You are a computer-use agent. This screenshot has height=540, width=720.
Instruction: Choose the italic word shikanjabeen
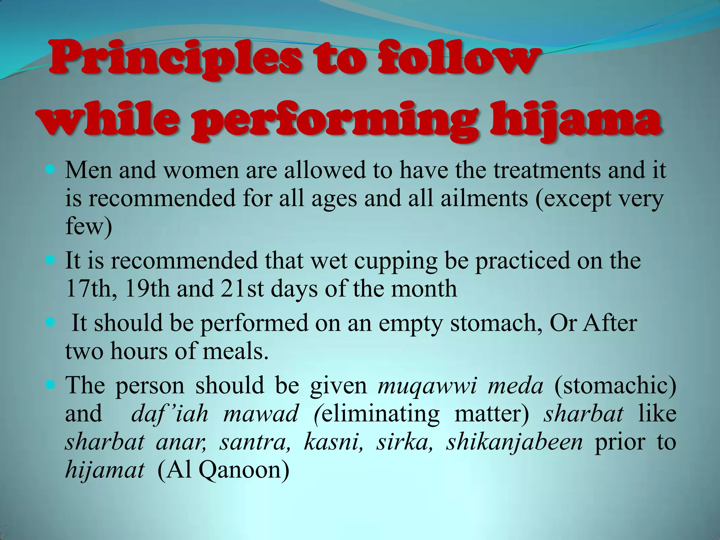coord(514,442)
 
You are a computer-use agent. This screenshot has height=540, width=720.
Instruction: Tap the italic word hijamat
coord(105,470)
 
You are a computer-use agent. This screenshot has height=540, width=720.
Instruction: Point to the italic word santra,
coord(255,442)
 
